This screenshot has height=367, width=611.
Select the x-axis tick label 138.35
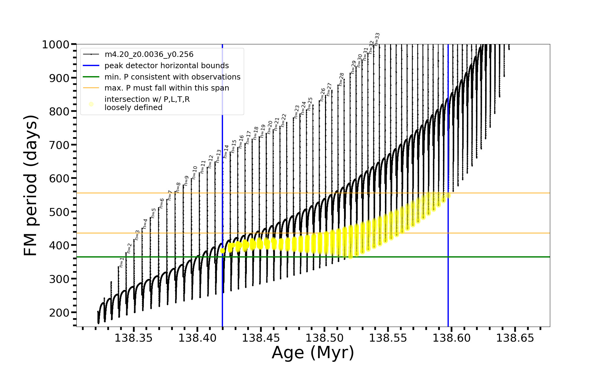click(133, 338)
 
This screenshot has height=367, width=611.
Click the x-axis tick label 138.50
click(324, 338)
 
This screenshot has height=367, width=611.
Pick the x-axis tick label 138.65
click(515, 338)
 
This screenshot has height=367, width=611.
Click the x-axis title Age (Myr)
click(313, 353)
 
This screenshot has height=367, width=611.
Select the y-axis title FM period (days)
click(31, 185)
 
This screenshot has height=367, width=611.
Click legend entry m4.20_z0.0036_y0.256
click(149, 54)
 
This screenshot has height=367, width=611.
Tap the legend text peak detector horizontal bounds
click(166, 66)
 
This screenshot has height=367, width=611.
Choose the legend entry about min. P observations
click(172, 77)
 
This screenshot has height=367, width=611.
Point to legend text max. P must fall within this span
click(166, 88)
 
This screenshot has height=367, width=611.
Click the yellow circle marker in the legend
click(91, 104)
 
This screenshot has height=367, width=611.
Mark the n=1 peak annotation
click(122, 262)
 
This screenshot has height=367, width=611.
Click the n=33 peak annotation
click(377, 39)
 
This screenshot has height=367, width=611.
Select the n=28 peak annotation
click(342, 79)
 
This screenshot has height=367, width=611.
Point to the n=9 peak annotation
click(186, 181)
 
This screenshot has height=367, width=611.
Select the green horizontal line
click(305, 257)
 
